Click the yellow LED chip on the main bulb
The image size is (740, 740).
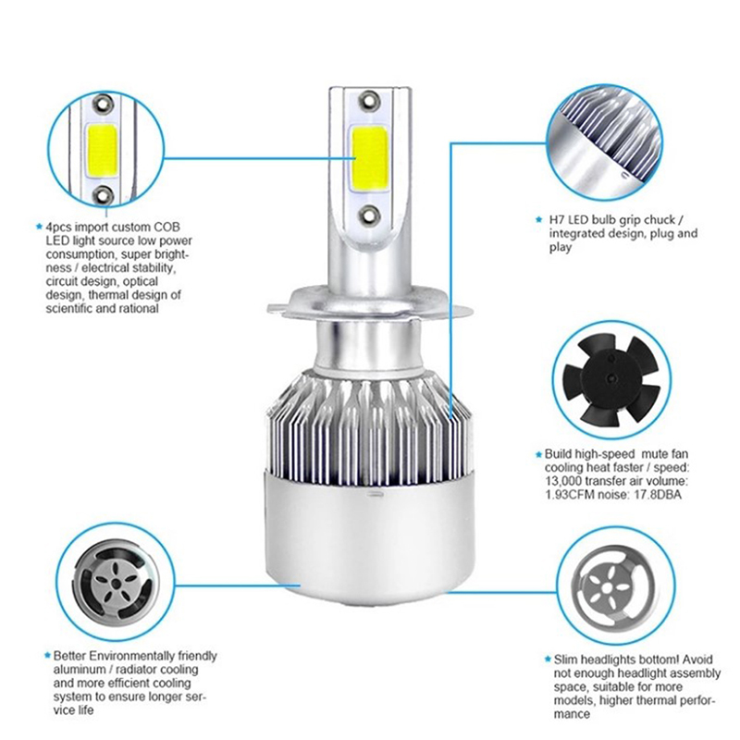[x=369, y=158]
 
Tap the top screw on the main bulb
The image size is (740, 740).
[x=368, y=100]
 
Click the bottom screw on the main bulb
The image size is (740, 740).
[x=368, y=216]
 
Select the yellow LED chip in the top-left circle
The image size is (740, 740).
[x=101, y=151]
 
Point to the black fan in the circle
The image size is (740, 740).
[x=611, y=380]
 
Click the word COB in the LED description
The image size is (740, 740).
[x=167, y=227]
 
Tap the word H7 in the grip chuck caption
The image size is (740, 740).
[x=557, y=220]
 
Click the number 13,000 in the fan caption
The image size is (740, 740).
[x=563, y=481]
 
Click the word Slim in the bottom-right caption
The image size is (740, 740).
[x=565, y=660]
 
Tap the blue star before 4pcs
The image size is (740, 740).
[x=39, y=227]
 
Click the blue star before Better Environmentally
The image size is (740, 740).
[x=47, y=656]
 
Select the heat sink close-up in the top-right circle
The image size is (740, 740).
[x=605, y=142]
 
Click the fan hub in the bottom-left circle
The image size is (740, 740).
[x=115, y=585]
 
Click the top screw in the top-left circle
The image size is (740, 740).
[x=103, y=103]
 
